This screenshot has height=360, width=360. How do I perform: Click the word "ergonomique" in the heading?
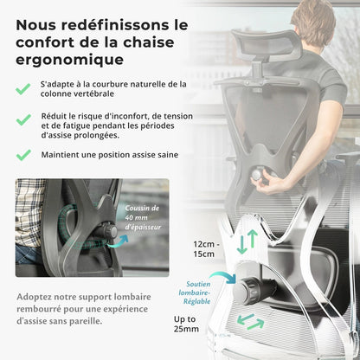[x=70, y=61]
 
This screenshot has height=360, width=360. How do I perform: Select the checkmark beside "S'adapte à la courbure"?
[x=23, y=89]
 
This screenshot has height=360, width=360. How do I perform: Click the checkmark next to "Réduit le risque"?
[x=23, y=119]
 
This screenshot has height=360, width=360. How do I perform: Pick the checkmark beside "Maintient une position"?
[x=23, y=155]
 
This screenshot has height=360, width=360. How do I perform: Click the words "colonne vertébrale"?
[x=77, y=93]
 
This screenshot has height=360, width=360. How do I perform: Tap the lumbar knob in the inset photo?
[x=110, y=231]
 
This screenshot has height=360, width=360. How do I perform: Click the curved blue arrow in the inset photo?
[x=118, y=241]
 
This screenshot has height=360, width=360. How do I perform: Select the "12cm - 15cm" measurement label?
[x=206, y=249]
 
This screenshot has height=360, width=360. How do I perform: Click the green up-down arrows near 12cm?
[x=247, y=241]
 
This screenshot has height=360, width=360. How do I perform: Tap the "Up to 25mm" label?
[x=186, y=324]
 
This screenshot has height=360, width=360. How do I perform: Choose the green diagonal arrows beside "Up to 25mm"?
[x=250, y=322]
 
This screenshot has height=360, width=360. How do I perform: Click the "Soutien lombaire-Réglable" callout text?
[x=195, y=292]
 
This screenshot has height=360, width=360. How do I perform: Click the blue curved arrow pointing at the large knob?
[x=223, y=276]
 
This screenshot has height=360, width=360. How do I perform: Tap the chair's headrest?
[x=267, y=46]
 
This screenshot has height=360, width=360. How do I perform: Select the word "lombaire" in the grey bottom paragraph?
[x=132, y=297]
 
